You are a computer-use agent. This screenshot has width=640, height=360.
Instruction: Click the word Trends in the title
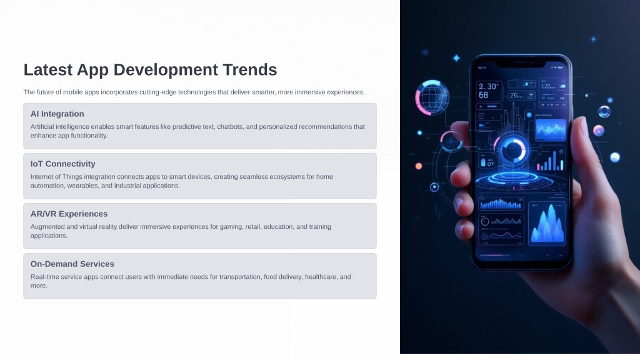pyautogui.click(x=250, y=70)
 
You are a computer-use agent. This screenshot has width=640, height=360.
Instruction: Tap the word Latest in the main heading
pyautogui.click(x=47, y=70)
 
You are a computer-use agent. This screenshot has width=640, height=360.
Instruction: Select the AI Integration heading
pyautogui.click(x=57, y=114)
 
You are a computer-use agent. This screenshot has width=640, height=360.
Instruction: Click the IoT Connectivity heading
pyautogui.click(x=63, y=164)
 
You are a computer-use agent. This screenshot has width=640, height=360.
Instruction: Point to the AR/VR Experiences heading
pyautogui.click(x=69, y=214)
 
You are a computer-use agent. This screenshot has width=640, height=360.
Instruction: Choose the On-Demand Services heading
pyautogui.click(x=72, y=264)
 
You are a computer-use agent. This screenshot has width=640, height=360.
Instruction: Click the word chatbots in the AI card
pyautogui.click(x=230, y=126)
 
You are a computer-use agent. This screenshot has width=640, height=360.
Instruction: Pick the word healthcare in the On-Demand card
pyautogui.click(x=322, y=277)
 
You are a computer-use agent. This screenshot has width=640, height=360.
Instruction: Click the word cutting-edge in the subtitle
pyautogui.click(x=157, y=92)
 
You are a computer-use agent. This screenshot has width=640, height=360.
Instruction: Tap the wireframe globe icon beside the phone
pyautogui.click(x=432, y=97)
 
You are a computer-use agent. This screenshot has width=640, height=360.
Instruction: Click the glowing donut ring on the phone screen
pyautogui.click(x=513, y=150)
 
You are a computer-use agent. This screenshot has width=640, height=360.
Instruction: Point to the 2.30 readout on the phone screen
pyautogui.click(x=487, y=86)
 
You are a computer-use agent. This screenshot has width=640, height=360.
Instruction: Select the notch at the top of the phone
pyautogui.click(x=521, y=63)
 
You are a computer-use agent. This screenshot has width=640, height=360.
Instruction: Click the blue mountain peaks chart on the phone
pyautogui.click(x=547, y=224)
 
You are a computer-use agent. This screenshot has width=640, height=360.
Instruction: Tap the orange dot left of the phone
pyautogui.click(x=418, y=166)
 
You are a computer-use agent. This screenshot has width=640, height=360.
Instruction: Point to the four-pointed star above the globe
pyautogui.click(x=456, y=58)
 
